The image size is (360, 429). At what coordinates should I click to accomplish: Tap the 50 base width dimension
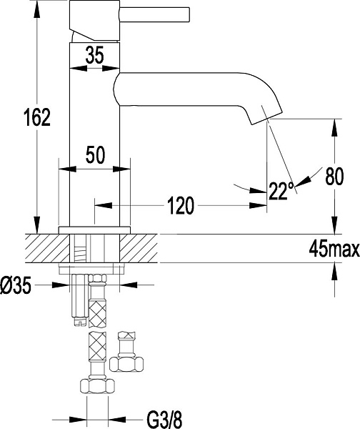pyautogui.click(x=94, y=153)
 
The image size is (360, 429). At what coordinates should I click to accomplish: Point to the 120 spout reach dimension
pyautogui.click(x=181, y=207)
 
